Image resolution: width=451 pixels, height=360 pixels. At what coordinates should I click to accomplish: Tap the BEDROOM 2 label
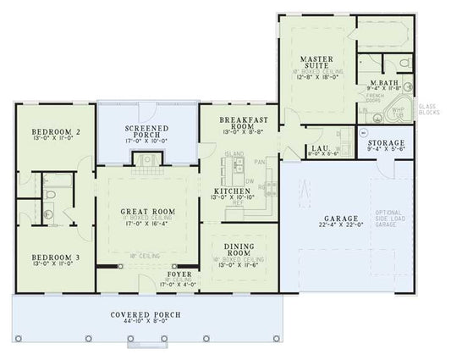click(x=55, y=132)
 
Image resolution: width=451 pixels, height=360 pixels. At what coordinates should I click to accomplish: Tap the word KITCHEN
click(x=229, y=191)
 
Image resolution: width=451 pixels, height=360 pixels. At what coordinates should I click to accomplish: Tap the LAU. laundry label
click(x=319, y=148)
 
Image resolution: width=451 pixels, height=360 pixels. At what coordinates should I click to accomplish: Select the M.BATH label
click(x=384, y=83)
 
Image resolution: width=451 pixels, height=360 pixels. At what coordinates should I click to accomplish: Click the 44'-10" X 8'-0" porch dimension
click(x=146, y=322)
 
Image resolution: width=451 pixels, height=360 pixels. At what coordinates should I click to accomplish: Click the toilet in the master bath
click(x=403, y=64)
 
